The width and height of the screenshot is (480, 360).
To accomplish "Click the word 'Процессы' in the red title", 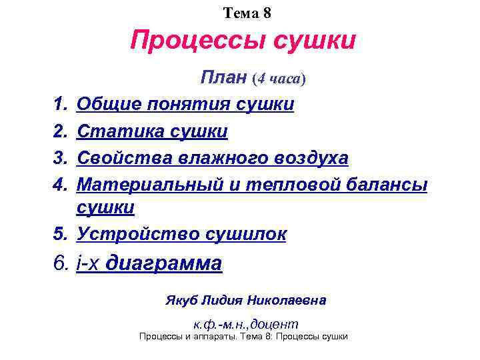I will [x=191, y=41].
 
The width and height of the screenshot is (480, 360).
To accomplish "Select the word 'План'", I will [x=225, y=79].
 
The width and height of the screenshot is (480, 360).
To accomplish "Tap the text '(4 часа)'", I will [x=279, y=79].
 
